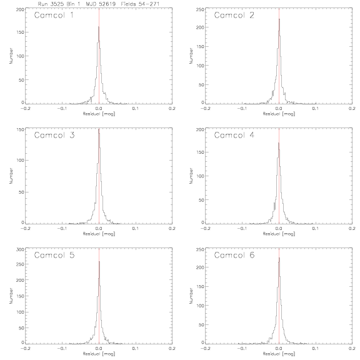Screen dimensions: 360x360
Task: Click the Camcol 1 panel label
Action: [x=54, y=15]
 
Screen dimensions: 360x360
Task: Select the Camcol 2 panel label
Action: [x=234, y=15]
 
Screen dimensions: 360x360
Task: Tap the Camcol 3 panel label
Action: [x=54, y=135]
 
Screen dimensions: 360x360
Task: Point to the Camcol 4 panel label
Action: [x=234, y=135]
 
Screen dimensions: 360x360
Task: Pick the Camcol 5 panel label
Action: [x=54, y=255]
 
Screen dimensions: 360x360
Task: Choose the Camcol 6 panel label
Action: [x=234, y=255]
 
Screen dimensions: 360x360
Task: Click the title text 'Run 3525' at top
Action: [x=51, y=4]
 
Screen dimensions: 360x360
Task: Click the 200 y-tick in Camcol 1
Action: [x=20, y=9]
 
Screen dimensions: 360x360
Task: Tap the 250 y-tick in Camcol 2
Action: [x=200, y=9]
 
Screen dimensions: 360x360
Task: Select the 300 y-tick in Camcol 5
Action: [x=20, y=249]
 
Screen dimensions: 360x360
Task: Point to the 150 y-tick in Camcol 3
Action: [x=20, y=129]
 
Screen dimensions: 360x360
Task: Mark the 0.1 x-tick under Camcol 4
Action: [x=316, y=229]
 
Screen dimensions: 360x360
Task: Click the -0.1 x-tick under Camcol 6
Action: [x=242, y=349]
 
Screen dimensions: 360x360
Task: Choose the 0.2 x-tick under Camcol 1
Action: [x=172, y=109]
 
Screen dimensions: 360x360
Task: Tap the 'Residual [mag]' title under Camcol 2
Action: [x=279, y=114]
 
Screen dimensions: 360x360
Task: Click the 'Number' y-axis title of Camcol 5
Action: [x=11, y=296]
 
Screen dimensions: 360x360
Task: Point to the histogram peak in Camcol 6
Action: [x=279, y=257]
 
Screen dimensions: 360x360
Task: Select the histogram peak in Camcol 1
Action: [x=99, y=27]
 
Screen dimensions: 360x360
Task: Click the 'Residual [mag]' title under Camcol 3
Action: [x=99, y=234]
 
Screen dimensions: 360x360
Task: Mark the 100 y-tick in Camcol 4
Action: [x=200, y=176]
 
